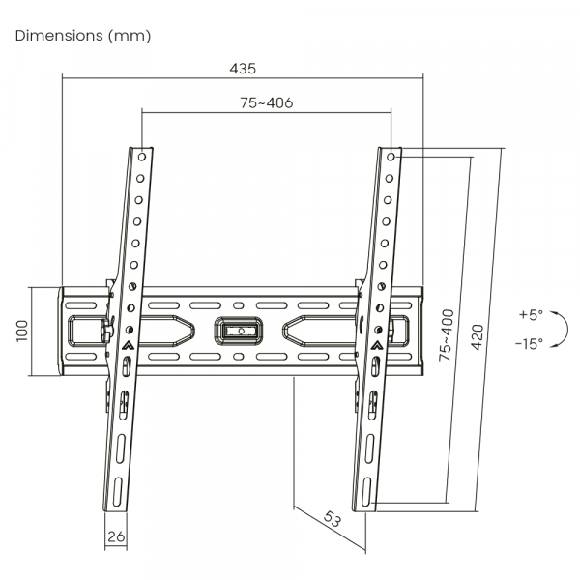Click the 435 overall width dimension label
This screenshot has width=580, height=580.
pos(243,69)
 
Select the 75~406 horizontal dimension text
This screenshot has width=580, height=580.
pos(267,102)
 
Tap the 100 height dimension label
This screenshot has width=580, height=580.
pos(22,331)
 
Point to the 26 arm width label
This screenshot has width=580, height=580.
pos(116,536)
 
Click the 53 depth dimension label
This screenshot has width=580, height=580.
pos(332,518)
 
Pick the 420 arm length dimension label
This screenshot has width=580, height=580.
pos(478,337)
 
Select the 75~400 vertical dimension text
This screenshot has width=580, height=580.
pos(446,335)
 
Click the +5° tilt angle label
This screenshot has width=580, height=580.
pos(531,315)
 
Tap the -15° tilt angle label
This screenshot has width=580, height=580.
pos(530,344)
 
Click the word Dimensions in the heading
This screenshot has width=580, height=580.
pos(59,36)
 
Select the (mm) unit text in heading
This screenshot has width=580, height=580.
pos(130,36)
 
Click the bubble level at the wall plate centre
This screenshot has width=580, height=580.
pos(239,331)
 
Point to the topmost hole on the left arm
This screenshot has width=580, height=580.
pos(142,157)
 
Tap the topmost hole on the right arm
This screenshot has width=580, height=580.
pos(391,157)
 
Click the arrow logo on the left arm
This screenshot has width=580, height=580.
pos(128,345)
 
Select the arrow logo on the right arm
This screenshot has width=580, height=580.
pos(377,345)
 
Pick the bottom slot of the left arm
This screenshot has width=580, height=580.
pos(117,491)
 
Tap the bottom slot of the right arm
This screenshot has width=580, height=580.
pos(366,491)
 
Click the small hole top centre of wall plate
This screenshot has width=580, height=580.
pos(239,305)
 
